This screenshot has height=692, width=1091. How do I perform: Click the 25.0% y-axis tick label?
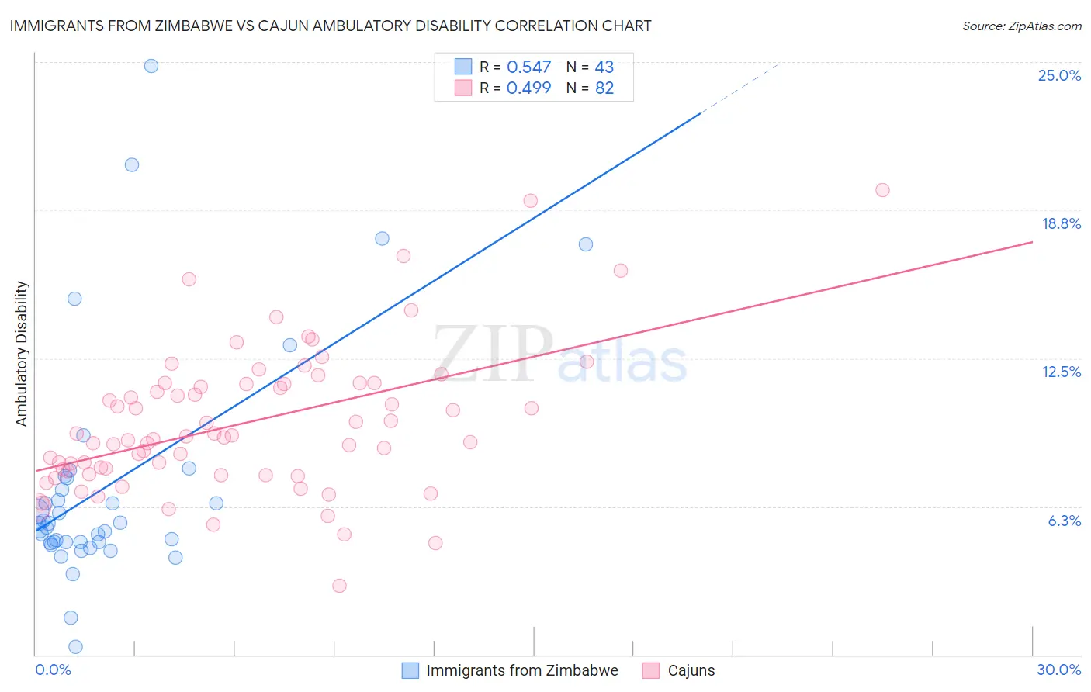click(1059, 76)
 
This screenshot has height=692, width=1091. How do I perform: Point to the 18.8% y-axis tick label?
click(1061, 224)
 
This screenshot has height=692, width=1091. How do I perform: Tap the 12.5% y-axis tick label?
click(1061, 372)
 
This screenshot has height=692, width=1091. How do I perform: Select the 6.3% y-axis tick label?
click(1064, 521)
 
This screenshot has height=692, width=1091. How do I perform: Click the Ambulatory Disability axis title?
click(22, 354)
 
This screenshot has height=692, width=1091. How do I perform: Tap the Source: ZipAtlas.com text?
click(1021, 26)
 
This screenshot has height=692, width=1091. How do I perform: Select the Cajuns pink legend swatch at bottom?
click(651, 671)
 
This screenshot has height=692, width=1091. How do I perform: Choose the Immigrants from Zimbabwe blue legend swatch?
click(410, 671)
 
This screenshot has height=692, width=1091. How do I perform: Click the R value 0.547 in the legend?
click(528, 67)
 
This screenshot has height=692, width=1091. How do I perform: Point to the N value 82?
click(604, 88)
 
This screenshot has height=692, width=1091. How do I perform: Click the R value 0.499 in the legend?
click(528, 88)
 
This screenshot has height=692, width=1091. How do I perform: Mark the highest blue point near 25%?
click(151, 66)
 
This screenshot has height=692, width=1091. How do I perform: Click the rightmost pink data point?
click(882, 190)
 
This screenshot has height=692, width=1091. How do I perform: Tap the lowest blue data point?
click(75, 647)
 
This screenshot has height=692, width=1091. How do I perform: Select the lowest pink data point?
click(339, 586)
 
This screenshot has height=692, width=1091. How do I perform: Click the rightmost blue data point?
click(586, 244)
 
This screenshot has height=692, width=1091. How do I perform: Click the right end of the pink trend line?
click(1032, 242)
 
